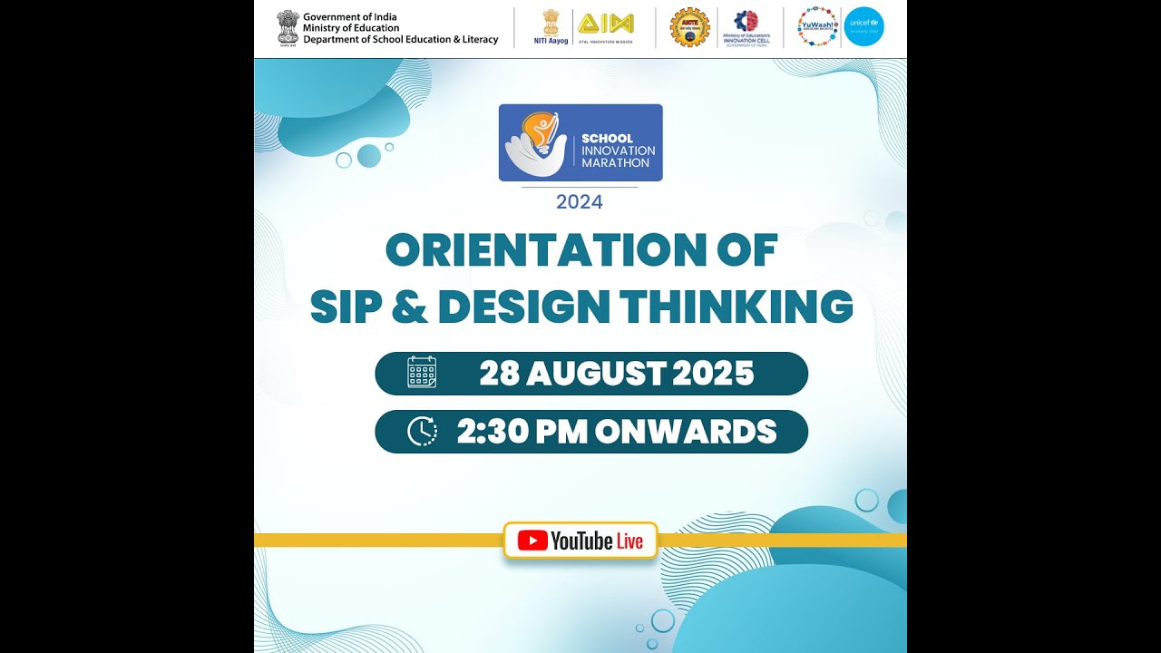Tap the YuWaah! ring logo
tap(817, 27)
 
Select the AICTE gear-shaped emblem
tap(688, 27)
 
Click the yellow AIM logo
tap(606, 24)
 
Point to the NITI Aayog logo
tap(551, 26)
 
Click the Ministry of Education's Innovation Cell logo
tap(746, 27)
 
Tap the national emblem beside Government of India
tap(288, 27)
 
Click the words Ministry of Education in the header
tap(351, 28)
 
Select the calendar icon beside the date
tap(422, 373)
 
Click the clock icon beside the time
tap(422, 431)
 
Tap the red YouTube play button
tap(532, 541)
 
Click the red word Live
tap(629, 541)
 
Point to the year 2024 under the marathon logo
tap(580, 201)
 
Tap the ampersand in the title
tap(409, 307)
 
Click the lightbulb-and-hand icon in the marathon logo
tap(537, 143)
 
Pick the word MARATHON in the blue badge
tap(616, 162)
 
